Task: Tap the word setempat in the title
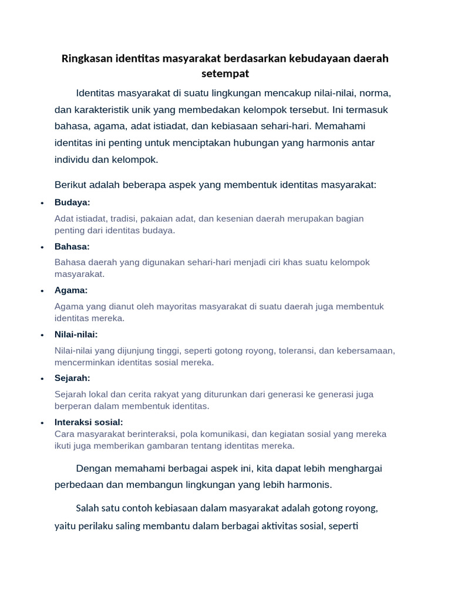(x=225, y=74)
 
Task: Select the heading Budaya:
(x=72, y=202)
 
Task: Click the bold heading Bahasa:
(x=72, y=246)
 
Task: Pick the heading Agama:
(x=71, y=290)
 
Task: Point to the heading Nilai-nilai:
(x=76, y=335)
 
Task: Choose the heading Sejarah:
(x=72, y=378)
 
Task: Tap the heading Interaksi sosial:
(x=89, y=422)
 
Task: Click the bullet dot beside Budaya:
(x=42, y=203)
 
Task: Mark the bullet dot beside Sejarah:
(x=42, y=379)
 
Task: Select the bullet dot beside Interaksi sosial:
(x=42, y=423)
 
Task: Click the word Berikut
(x=70, y=185)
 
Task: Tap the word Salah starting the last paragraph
(x=88, y=508)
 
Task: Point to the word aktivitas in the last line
(x=287, y=525)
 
